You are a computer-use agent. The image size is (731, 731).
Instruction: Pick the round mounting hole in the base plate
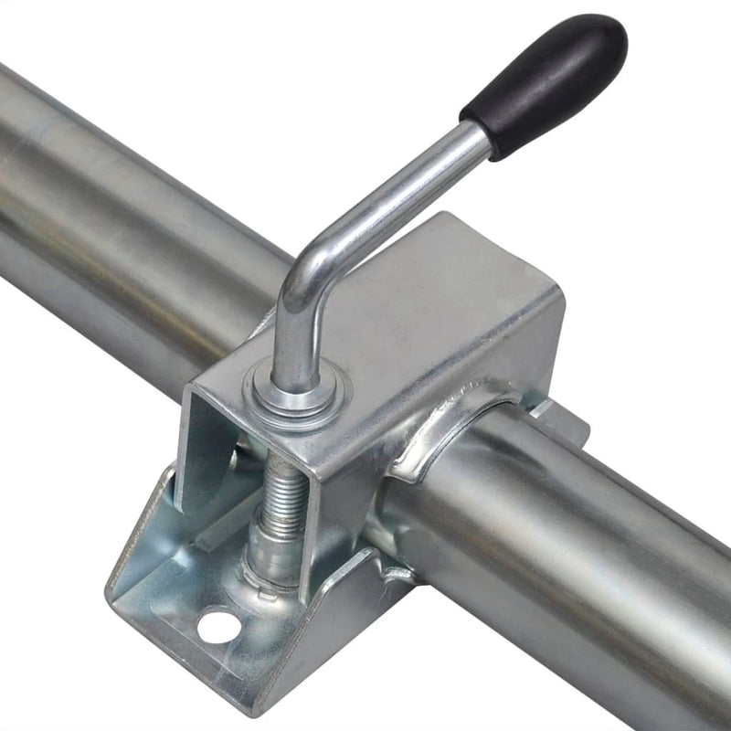[x=217, y=627]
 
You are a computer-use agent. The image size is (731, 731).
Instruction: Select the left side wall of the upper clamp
[x=206, y=448]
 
